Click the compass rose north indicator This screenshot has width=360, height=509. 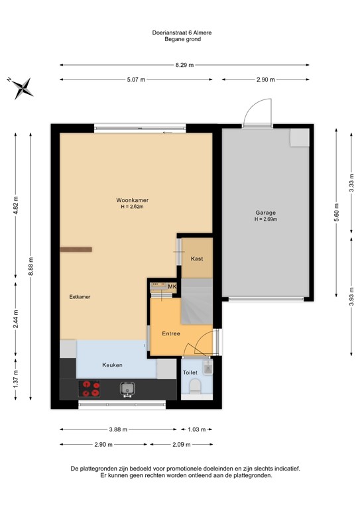pos(23,88)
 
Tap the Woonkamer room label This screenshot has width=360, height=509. pos(133,200)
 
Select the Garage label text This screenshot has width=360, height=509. pos(266,213)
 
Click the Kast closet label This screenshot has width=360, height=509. pos(197,258)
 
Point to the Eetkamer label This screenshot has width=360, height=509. pos(80,297)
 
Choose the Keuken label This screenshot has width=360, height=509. pos(112,365)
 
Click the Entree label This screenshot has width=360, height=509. pos(171,333)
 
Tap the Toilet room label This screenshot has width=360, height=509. pos(190,372)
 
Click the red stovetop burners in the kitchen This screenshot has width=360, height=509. pos(90,388)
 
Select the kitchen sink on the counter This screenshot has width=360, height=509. pos(127,389)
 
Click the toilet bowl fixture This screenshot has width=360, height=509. pos(195,387)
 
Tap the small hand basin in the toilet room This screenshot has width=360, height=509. pos(208,367)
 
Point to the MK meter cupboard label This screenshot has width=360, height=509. pos(172,286)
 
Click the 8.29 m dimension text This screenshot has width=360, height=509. pos(184,65)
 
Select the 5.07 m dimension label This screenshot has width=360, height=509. pos(136,80)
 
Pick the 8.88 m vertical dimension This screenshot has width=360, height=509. pos(30,266)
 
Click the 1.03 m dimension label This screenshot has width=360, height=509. pos(197,429)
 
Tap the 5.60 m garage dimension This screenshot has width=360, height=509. pos(336,212)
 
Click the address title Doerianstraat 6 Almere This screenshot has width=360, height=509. pos(182,32)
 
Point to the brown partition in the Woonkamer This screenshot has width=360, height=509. pos(76,249)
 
